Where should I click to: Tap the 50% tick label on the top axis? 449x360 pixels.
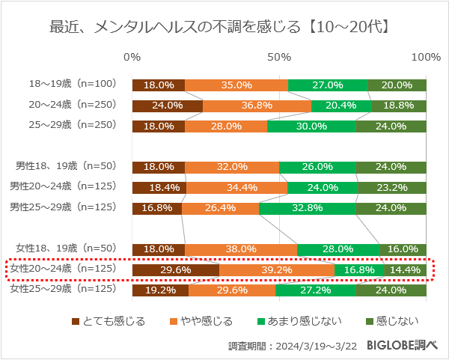(279, 58)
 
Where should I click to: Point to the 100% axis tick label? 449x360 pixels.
(427, 58)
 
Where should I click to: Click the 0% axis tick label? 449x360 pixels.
(132, 58)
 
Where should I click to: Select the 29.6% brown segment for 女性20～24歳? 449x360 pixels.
(175, 269)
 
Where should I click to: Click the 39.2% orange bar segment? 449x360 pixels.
(277, 269)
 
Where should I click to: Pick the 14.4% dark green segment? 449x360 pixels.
(405, 269)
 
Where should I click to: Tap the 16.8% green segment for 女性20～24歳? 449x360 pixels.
(359, 269)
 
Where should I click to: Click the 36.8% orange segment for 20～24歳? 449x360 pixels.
(257, 106)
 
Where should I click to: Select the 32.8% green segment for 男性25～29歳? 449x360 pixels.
(307, 208)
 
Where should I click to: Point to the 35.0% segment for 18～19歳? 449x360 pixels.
(236, 85)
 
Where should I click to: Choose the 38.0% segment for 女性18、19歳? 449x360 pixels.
(241, 249)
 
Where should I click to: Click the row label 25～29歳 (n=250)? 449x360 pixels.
(71, 126)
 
